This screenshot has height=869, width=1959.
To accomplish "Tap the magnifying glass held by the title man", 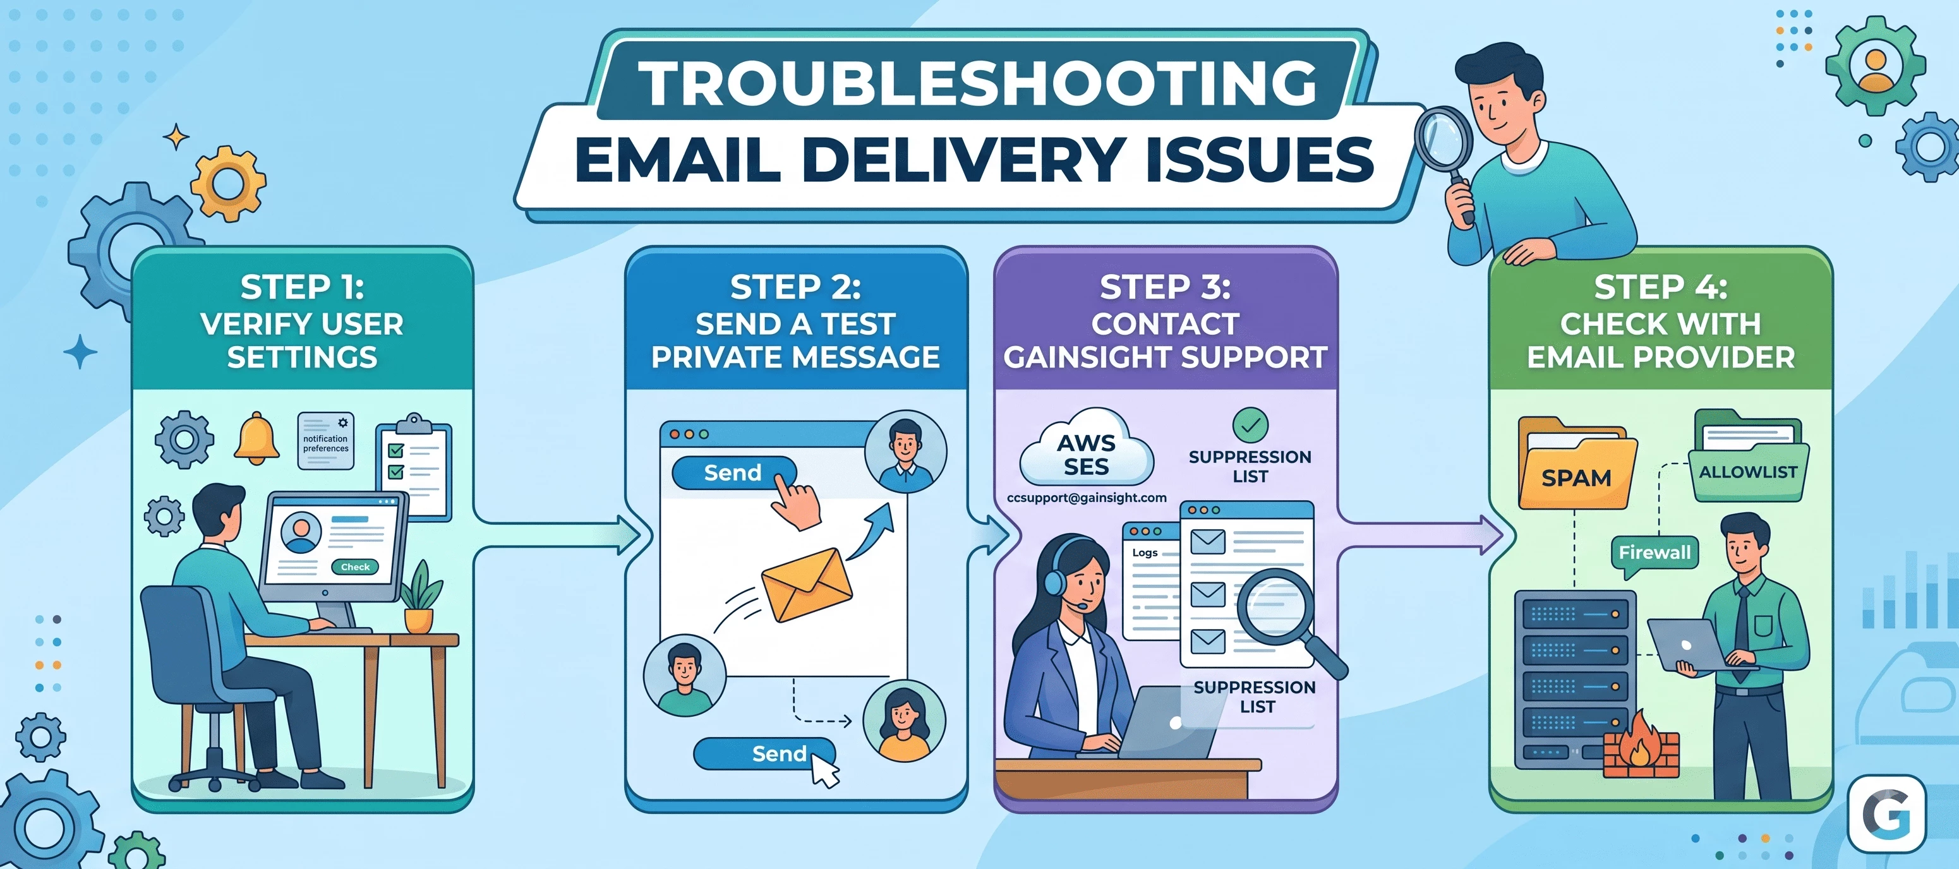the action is point(1444,145).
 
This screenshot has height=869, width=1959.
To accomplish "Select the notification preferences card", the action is point(325,441).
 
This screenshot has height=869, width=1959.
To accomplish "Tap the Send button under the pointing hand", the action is point(733,473).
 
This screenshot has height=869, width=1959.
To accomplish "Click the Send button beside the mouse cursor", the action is point(764,753).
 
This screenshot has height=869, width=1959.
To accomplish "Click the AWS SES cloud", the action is point(1086,448).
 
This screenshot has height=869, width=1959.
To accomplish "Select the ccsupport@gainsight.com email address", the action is point(1086,498).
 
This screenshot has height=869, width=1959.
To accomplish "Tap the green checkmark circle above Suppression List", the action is point(1250,426).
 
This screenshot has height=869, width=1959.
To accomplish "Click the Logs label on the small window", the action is point(1145,553).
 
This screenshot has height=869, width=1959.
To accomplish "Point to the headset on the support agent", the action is point(1059,574).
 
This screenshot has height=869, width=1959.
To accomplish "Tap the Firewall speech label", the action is point(1654,553).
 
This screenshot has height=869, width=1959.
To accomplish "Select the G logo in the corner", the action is point(1887,814).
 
